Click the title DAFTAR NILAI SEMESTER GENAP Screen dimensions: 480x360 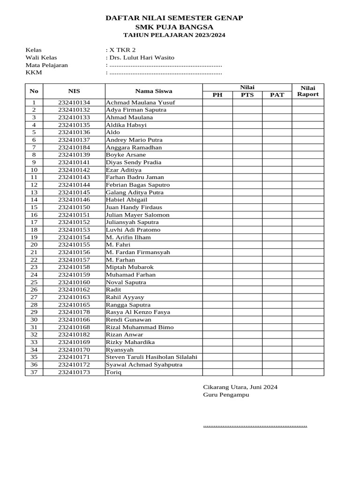(174, 18)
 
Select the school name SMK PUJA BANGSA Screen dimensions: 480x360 (174, 27)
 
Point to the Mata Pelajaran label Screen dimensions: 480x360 (46, 65)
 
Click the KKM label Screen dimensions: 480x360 (34, 73)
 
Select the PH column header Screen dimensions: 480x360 (217, 95)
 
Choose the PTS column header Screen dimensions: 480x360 (247, 95)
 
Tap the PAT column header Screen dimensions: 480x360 (277, 95)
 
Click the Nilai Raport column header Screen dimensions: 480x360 (308, 91)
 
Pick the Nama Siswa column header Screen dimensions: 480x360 (154, 91)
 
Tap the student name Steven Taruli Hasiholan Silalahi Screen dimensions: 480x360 (151, 357)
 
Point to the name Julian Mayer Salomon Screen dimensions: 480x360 (138, 215)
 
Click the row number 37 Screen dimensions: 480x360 (34, 372)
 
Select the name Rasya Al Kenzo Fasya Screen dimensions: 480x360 (138, 312)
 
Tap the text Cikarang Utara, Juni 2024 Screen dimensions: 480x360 (240, 387)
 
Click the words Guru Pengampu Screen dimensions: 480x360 (226, 395)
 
